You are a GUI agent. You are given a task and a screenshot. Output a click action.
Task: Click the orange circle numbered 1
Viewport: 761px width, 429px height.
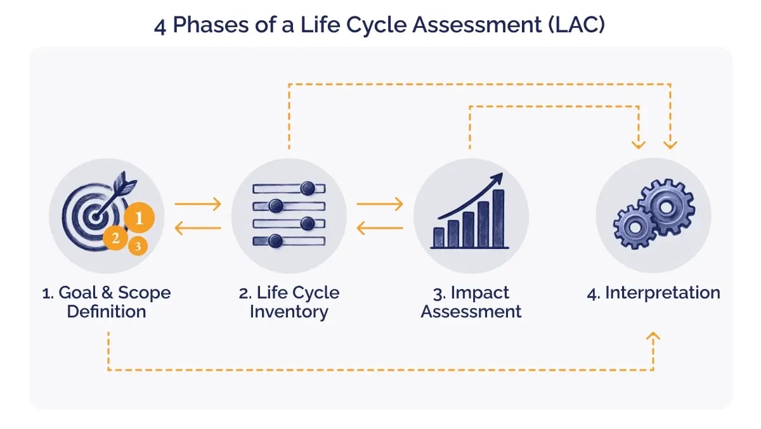click(x=140, y=219)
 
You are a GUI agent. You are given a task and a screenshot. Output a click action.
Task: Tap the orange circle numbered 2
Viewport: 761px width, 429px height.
click(x=115, y=238)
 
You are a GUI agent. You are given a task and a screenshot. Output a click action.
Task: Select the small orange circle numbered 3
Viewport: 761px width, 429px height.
click(x=138, y=245)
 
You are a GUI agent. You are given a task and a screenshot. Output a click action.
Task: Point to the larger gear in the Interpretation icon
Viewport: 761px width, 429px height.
click(x=666, y=207)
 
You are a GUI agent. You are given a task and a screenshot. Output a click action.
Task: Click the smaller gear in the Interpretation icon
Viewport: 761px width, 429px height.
click(x=635, y=226)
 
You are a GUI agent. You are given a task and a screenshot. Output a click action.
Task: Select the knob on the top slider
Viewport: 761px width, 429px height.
click(x=308, y=188)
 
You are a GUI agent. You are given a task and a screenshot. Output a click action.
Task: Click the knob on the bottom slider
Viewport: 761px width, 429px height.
click(x=275, y=240)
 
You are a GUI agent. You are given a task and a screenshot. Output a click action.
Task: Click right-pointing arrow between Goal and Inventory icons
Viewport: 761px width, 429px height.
click(x=198, y=204)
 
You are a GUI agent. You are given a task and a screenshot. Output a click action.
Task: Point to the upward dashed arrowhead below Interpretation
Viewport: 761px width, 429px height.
click(x=654, y=337)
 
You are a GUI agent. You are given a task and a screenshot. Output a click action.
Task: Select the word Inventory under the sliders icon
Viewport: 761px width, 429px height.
click(x=289, y=312)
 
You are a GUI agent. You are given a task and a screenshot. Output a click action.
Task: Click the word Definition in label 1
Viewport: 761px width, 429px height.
click(x=107, y=312)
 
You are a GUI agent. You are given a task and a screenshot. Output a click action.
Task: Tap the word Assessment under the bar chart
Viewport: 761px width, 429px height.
click(x=471, y=312)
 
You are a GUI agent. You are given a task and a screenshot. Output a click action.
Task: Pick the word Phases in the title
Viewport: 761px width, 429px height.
click(x=205, y=27)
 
